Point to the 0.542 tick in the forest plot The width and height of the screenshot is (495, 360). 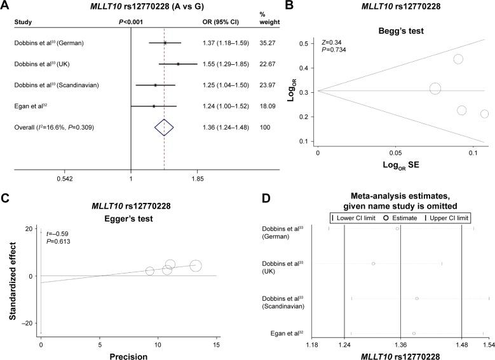[64, 179]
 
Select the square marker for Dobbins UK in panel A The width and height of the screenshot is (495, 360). [178, 64]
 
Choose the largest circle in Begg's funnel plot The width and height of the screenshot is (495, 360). [435, 89]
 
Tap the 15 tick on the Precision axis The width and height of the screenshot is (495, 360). [216, 344]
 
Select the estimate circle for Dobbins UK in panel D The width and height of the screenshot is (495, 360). [374, 263]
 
